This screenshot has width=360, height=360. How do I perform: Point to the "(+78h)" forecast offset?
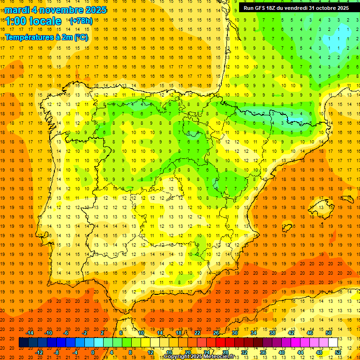click(81, 21)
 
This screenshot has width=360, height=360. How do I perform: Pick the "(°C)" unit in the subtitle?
click(80, 37)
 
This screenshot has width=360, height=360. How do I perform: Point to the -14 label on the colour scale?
click(30, 333)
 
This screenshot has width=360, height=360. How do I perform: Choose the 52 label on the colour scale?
click(338, 352)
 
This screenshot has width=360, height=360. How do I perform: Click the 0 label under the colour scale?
click(92, 352)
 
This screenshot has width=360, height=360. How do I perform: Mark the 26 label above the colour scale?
click(216, 333)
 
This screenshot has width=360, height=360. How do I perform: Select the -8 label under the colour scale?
click(57, 352)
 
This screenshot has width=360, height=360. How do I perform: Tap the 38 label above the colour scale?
click(272, 333)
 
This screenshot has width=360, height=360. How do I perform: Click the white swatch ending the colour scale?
click(333, 343)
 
